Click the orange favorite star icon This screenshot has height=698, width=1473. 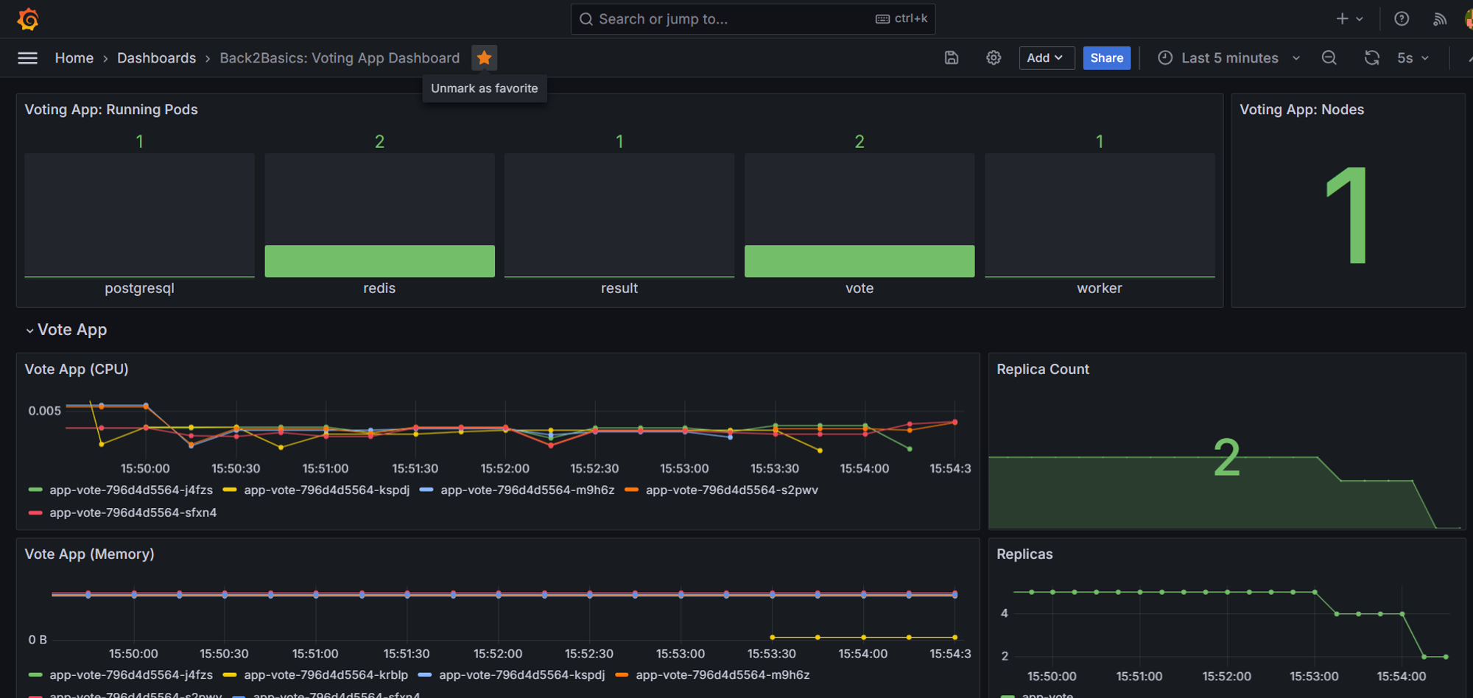(x=484, y=57)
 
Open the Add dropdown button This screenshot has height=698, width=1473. (x=1046, y=57)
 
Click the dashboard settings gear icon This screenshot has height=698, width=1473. (x=994, y=57)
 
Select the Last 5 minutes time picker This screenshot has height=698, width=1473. (x=1229, y=57)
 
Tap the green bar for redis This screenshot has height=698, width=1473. (x=379, y=261)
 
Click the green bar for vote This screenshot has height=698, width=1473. (x=859, y=261)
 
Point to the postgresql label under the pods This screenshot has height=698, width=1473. (x=139, y=288)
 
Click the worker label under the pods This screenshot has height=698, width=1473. (x=1099, y=288)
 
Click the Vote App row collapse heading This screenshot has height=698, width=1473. (x=71, y=330)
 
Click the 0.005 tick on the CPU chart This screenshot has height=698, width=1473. (x=44, y=411)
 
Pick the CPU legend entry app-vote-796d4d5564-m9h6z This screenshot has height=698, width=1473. (x=527, y=490)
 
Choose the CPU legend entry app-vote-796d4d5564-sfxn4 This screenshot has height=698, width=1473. (x=133, y=513)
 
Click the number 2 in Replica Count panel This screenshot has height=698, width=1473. (x=1226, y=458)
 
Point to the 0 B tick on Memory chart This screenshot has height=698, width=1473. (x=38, y=640)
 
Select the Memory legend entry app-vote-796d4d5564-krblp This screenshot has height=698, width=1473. (x=326, y=675)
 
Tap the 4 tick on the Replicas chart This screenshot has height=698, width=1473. (x=1004, y=613)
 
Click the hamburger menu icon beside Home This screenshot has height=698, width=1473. (x=27, y=57)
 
